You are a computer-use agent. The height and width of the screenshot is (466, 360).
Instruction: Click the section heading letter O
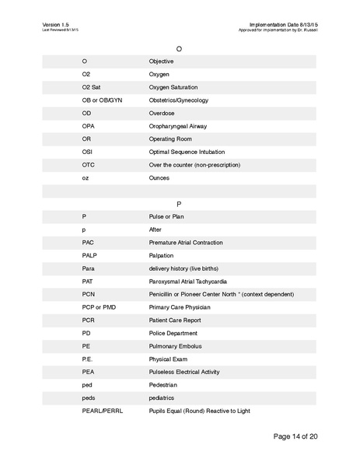point(180,48)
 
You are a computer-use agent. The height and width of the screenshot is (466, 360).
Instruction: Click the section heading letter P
point(180,203)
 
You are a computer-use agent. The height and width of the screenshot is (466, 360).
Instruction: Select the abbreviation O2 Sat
point(91,87)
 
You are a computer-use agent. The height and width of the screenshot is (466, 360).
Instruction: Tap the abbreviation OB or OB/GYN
point(102,100)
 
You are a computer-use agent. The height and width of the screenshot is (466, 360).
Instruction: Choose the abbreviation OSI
point(87,152)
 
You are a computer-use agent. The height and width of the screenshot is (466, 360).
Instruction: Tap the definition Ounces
point(159,178)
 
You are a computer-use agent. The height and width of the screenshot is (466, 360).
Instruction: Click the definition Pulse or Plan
point(167,216)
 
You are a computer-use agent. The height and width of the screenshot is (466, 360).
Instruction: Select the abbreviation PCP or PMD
point(99,307)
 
